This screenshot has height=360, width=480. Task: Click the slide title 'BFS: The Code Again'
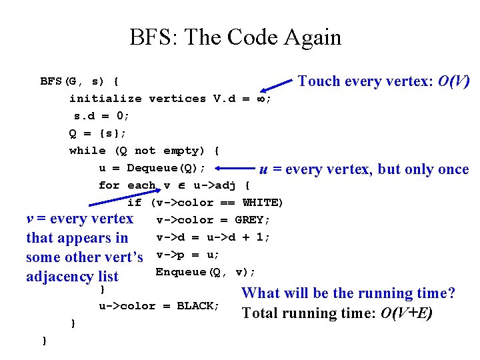coord(235,37)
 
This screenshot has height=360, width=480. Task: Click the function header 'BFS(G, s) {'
coord(79,81)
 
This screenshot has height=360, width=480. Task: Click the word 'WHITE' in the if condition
coord(263,203)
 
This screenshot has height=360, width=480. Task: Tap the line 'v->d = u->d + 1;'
coord(213,237)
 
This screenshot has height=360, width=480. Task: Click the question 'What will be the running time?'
coord(348,293)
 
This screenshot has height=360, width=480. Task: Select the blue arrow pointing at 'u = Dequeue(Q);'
coord(234,169)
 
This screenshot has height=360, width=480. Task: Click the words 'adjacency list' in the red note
coord(72,277)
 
